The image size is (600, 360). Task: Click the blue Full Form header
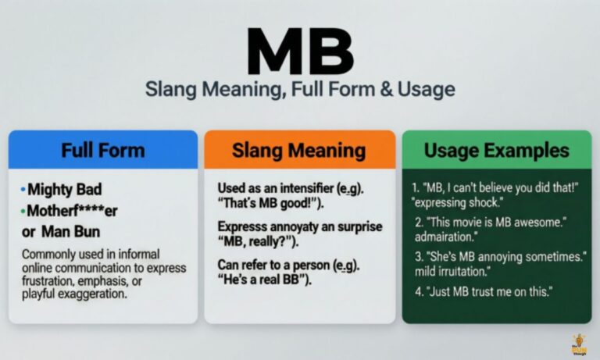[x=102, y=150]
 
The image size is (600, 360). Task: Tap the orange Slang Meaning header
[x=298, y=150]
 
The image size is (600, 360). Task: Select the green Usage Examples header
[x=497, y=150]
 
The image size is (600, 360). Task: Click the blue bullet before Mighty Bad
[x=23, y=190]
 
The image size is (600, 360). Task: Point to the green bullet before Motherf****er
[x=23, y=210]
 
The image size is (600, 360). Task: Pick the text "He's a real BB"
[x=266, y=280]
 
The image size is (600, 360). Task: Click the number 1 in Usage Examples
[x=413, y=187]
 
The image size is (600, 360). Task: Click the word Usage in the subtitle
[x=427, y=89]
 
